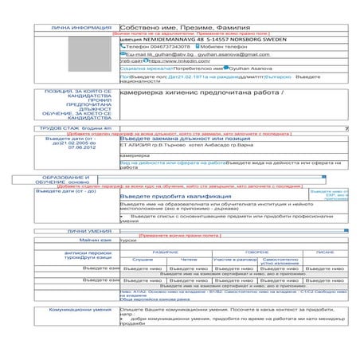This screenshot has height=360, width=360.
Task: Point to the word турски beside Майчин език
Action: [x=127, y=239]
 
